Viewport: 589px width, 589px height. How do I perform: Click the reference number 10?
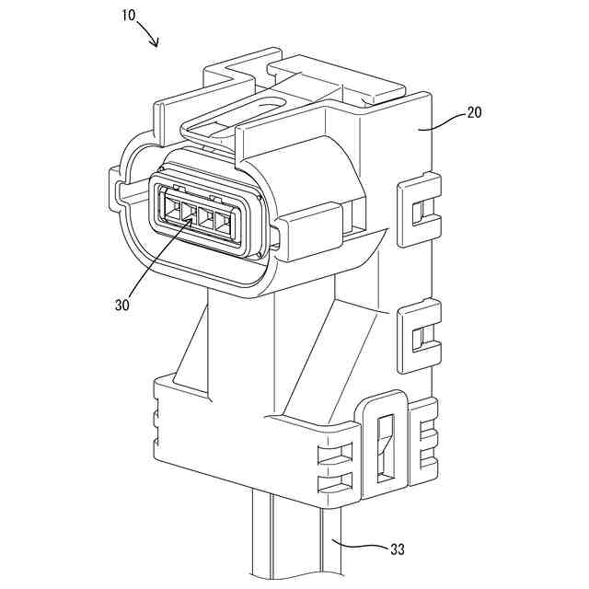tap(129, 15)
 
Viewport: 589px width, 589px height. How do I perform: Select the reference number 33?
tap(396, 550)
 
